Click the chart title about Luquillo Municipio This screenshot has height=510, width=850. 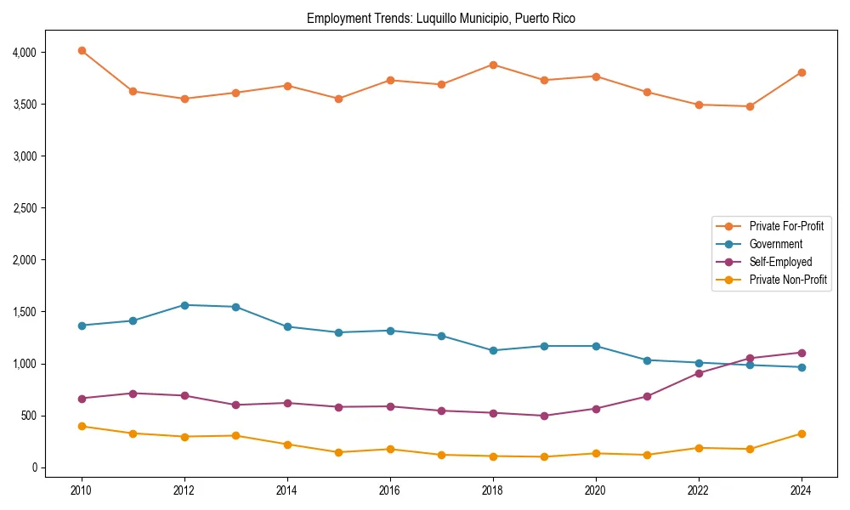click(440, 19)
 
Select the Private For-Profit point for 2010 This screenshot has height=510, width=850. click(82, 51)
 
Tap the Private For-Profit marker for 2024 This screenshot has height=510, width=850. click(802, 72)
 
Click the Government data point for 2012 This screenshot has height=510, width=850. click(184, 305)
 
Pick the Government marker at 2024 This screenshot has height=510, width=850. click(802, 367)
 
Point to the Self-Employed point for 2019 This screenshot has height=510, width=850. click(544, 416)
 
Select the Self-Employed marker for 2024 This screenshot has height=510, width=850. click(802, 353)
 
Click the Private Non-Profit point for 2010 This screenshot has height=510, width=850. click(82, 427)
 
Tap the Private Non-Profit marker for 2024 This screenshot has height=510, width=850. click(802, 433)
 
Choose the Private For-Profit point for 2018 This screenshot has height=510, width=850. click(493, 65)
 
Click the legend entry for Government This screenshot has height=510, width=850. click(775, 244)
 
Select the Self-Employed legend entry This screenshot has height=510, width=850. click(780, 262)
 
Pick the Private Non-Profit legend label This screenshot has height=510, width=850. click(788, 280)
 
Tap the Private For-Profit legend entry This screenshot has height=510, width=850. click(786, 226)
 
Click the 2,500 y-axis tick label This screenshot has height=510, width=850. click(25, 208)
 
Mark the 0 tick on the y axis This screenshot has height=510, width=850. click(34, 467)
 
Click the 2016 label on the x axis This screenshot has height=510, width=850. click(390, 490)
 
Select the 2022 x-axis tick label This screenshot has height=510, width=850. click(699, 490)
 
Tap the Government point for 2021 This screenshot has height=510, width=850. click(647, 360)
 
